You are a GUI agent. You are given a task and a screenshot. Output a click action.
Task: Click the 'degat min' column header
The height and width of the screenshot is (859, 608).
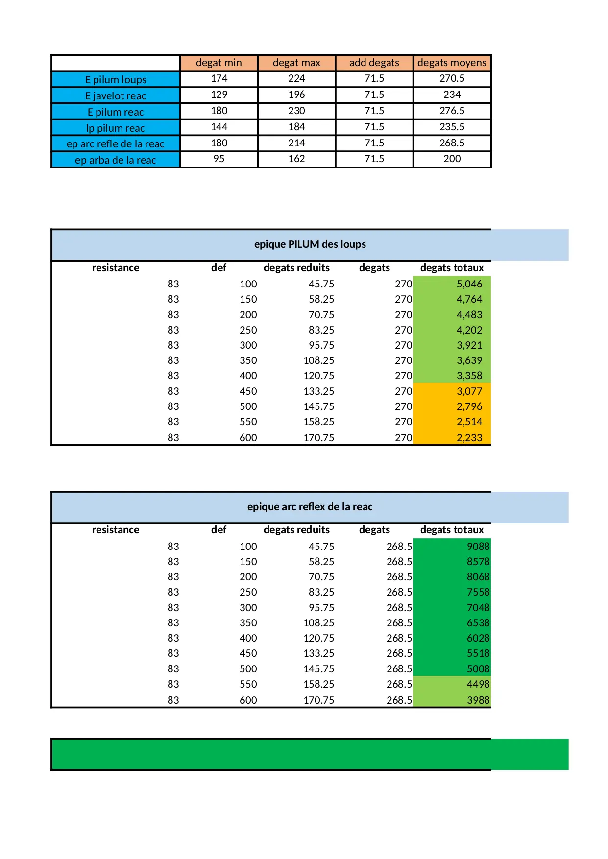coord(219,63)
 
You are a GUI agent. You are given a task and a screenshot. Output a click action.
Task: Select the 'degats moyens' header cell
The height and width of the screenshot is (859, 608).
coord(452,63)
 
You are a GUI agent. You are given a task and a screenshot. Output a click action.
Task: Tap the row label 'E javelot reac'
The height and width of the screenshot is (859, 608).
coord(116,95)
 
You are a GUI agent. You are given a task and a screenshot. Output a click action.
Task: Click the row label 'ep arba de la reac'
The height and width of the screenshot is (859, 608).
coord(116,160)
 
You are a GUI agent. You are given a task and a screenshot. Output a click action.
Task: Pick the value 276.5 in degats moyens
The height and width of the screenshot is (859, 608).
coord(452,111)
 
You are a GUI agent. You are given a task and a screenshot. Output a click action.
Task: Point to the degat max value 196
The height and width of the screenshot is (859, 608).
coord(296,95)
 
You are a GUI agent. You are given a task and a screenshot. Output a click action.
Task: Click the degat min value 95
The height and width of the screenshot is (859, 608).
coord(219,159)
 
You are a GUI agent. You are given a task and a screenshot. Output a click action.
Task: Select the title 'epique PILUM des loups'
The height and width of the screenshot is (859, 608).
coord(310,244)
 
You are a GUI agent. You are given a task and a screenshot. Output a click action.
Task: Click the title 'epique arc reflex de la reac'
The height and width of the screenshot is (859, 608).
coord(310,507)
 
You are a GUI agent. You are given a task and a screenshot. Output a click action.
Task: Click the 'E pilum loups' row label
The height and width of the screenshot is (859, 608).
coord(116,79)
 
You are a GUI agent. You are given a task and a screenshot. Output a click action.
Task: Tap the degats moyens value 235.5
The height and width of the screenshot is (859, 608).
coord(452,127)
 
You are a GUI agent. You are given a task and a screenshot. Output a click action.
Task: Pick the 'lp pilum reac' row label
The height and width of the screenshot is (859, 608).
coord(116,128)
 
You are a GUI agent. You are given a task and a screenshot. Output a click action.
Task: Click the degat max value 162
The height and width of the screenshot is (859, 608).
coord(296,159)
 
